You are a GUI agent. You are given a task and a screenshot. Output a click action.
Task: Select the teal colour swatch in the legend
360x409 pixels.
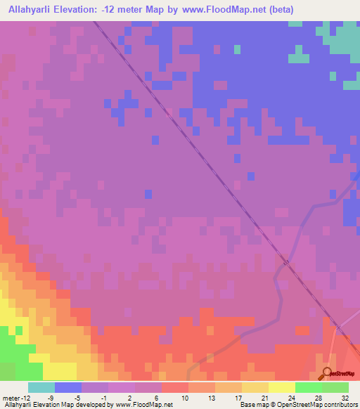point(41,387)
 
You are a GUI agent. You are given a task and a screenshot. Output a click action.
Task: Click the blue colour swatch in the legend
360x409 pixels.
point(68,387)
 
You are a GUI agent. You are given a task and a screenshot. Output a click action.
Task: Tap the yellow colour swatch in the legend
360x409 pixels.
point(282,387)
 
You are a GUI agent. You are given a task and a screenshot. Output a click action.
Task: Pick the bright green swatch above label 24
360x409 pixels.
point(309,387)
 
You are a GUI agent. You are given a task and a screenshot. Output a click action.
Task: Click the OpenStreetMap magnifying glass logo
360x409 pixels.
point(327,373)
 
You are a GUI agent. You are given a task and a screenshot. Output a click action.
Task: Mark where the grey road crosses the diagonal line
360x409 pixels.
point(287,262)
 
